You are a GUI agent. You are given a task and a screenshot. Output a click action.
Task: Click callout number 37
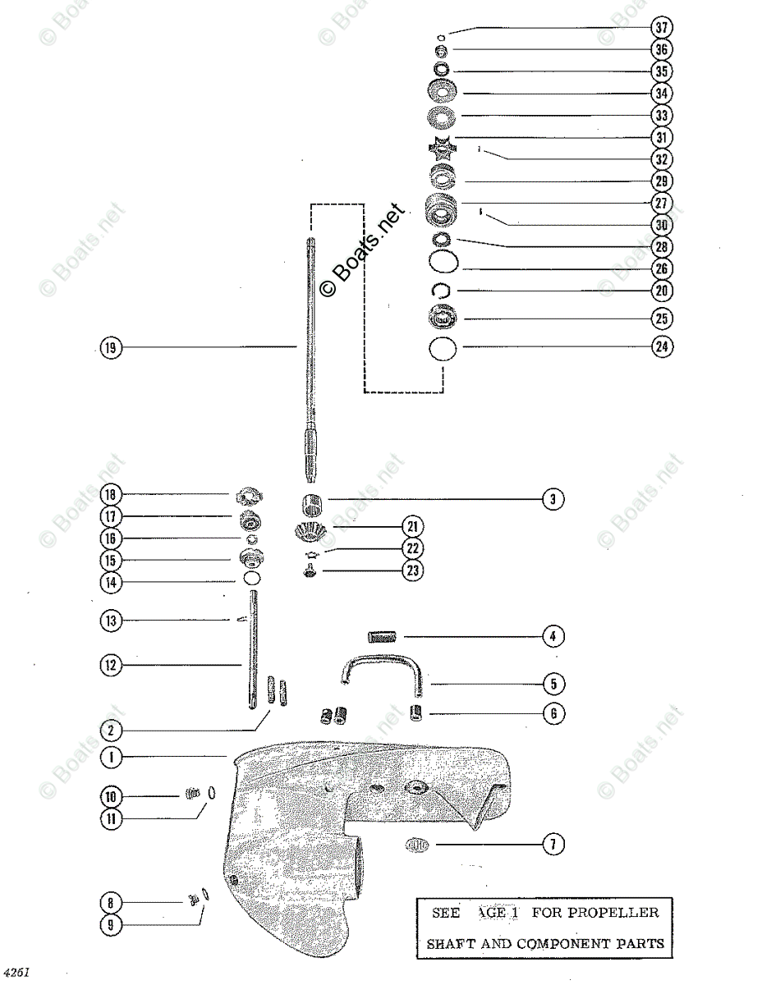coord(661,27)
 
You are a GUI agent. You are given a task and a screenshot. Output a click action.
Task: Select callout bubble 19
coord(109,347)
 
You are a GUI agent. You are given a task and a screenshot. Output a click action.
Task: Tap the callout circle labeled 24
coord(661,346)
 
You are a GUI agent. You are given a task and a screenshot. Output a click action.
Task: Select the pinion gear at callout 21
coord(311,532)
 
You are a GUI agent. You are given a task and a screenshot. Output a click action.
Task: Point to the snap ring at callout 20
coord(441,290)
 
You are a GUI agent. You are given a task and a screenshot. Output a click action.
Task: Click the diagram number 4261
coord(16,972)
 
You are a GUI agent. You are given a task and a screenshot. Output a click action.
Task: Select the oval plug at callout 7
coord(417,843)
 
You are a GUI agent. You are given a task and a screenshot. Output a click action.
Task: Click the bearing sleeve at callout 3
coord(310,502)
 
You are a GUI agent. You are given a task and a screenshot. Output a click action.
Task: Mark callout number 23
coord(412,570)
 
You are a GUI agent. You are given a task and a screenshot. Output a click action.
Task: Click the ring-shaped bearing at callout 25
coord(443,318)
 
